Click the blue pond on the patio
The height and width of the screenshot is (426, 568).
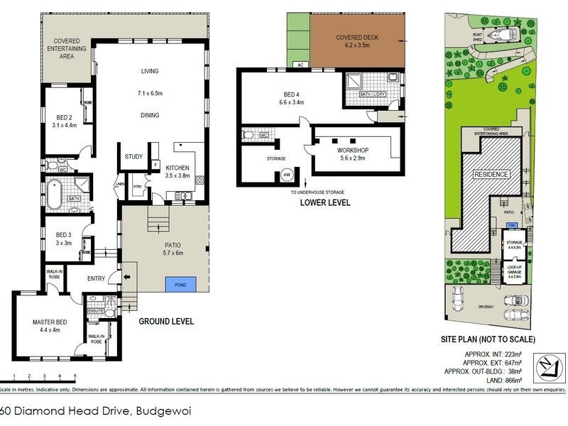pyautogui.click(x=178, y=283)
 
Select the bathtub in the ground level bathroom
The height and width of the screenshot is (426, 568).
pyautogui.click(x=55, y=192)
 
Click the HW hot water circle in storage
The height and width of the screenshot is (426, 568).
pyautogui.click(x=287, y=174)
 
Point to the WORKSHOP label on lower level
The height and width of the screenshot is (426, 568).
pyautogui.click(x=352, y=151)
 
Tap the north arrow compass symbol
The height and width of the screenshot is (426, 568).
pyautogui.click(x=546, y=366)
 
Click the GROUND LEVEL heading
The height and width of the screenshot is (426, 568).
pyautogui.click(x=166, y=321)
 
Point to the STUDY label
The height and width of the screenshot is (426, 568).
pyautogui.click(x=133, y=157)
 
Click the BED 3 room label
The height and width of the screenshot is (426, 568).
pyautogui.click(x=65, y=234)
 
